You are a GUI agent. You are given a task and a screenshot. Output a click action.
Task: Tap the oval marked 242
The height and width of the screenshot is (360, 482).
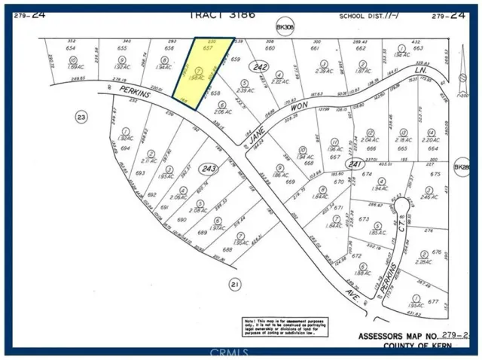pos(261,68)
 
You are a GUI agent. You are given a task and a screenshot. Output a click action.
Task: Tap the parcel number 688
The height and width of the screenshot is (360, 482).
pos(227,250)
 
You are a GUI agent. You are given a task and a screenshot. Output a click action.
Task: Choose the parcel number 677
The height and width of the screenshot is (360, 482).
pos(432,301)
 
